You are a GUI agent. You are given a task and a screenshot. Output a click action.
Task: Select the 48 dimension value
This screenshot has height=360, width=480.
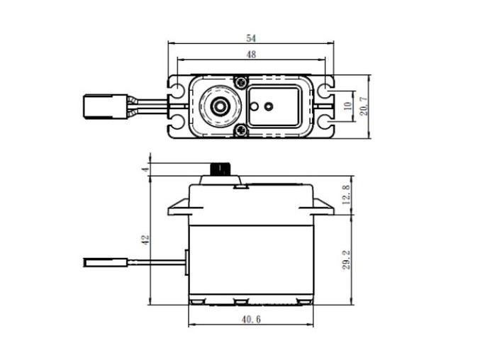[x=252, y=54]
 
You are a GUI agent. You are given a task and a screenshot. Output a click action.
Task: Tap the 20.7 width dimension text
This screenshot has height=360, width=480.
[x=363, y=106]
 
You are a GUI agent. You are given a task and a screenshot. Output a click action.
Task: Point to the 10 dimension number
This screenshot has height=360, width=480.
[x=347, y=106]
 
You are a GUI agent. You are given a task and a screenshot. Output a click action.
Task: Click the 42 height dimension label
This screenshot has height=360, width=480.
[x=145, y=240]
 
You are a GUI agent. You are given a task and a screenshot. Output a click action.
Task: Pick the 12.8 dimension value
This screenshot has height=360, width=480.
[x=345, y=194]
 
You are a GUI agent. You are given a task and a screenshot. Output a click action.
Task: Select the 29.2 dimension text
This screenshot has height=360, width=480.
[x=345, y=259]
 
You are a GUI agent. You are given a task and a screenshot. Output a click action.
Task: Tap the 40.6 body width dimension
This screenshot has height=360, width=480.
[x=251, y=320]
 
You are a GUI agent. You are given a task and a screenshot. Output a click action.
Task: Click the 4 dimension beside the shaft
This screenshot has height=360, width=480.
[x=145, y=169]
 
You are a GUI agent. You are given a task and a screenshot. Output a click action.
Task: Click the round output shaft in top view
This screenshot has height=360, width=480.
[x=220, y=106]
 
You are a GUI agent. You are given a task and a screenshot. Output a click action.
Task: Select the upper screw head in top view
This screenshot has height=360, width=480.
[x=241, y=83]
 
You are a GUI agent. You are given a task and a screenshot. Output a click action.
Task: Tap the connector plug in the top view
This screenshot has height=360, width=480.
[x=104, y=106]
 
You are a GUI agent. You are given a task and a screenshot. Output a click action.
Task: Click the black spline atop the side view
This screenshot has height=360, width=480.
[x=221, y=169]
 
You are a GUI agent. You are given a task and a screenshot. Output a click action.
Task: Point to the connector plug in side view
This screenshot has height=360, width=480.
[x=105, y=262]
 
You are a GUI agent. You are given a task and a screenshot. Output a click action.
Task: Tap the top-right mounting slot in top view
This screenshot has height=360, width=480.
[x=325, y=90]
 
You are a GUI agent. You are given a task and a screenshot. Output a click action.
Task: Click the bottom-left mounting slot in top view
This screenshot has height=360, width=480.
[x=177, y=123]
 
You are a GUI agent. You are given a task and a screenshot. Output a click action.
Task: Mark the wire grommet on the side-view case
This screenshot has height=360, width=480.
[x=186, y=262]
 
